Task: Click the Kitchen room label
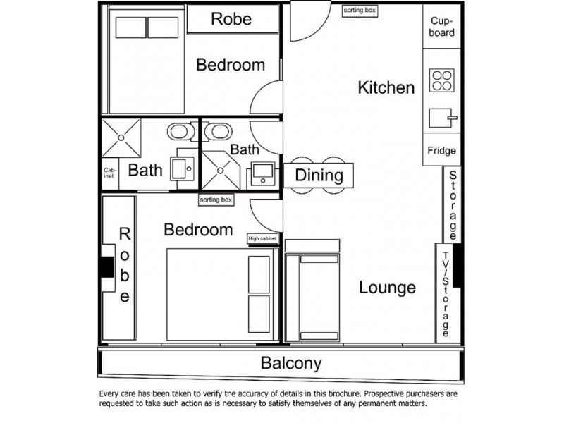(386, 88)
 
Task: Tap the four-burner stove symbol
(441, 80)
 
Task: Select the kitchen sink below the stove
(441, 116)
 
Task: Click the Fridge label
(441, 151)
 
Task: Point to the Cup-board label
(442, 27)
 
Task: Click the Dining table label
(319, 176)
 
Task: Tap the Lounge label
(387, 288)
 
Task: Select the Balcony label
(291, 364)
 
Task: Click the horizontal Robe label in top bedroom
(231, 19)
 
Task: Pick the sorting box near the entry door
(359, 11)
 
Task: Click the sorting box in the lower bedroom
(216, 200)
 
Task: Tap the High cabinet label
(263, 239)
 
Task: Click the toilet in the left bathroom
(180, 131)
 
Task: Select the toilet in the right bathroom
(220, 131)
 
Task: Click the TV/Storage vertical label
(446, 293)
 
